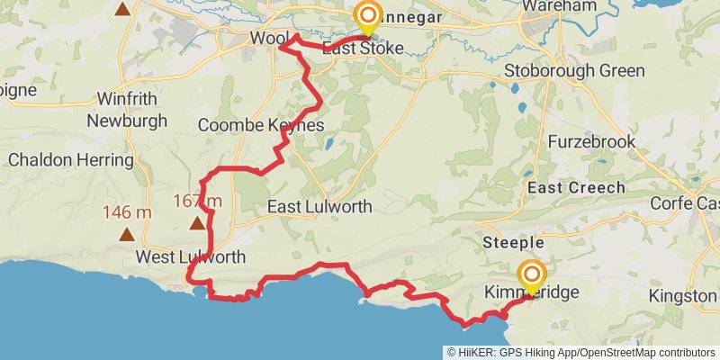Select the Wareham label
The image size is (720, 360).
tap(565, 6)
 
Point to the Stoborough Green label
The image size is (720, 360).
tap(574, 71)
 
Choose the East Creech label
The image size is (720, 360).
tap(576, 187)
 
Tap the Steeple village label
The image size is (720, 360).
tap(513, 243)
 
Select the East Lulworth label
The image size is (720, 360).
tap(319, 207)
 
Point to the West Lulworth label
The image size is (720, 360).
tap(190, 257)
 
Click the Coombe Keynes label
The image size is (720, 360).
tap(260, 125)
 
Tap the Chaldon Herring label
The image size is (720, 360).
tap(70, 160)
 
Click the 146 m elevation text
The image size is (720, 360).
tap(127, 212)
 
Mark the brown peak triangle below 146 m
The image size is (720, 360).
tap(127, 235)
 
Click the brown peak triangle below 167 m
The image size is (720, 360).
tap(195, 220)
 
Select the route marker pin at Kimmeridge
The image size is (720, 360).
tap(532, 275)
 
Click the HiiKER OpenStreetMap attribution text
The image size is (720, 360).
tap(581, 353)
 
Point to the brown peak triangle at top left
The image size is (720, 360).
tap(122, 10)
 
